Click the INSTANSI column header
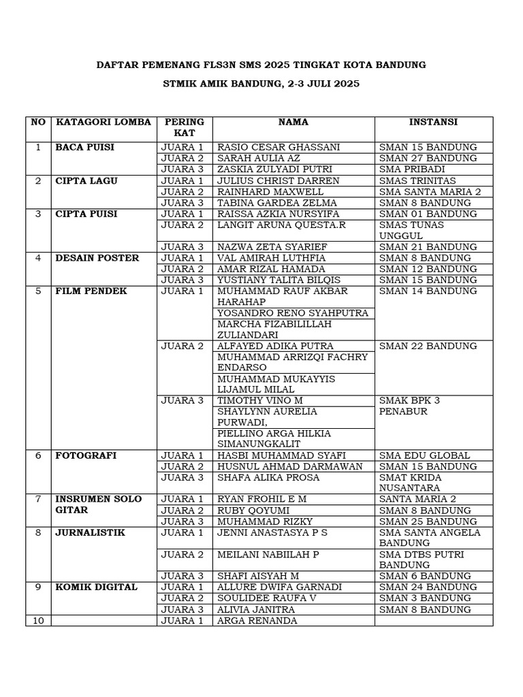(x=433, y=123)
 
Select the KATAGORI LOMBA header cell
(x=94, y=123)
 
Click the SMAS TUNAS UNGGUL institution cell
(x=411, y=230)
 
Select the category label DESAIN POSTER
(x=97, y=258)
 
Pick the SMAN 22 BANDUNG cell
(x=428, y=346)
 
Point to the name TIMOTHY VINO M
(x=260, y=401)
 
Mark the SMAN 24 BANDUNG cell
(x=428, y=587)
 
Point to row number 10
(x=38, y=621)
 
